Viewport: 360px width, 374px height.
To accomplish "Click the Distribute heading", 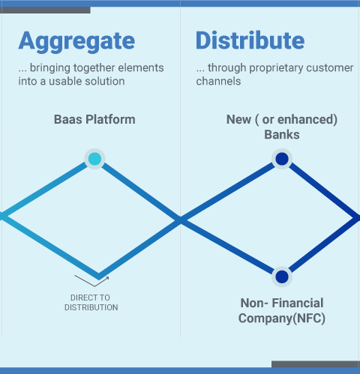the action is pyautogui.click(x=250, y=40).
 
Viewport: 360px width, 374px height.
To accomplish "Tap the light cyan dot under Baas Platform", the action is pyautogui.click(x=94, y=159).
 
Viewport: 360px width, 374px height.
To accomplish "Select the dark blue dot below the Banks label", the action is pyautogui.click(x=282, y=159).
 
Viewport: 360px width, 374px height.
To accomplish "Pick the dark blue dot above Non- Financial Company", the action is pyautogui.click(x=282, y=277).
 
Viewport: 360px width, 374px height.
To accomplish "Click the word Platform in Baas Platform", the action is pyautogui.click(x=110, y=119).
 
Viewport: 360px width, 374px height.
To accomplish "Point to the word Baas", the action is pyautogui.click(x=68, y=119).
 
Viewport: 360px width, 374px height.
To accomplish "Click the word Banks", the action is pyautogui.click(x=282, y=135).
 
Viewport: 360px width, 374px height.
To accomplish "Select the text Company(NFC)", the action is pyautogui.click(x=282, y=319).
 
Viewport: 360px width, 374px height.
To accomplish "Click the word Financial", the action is pyautogui.click(x=298, y=303).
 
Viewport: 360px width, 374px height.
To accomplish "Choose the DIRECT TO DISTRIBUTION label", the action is pyautogui.click(x=91, y=303).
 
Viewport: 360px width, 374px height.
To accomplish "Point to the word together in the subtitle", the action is pyautogui.click(x=95, y=68).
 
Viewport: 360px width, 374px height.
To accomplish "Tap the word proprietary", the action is pyautogui.click(x=276, y=68).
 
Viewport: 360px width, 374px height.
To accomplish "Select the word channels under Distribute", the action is pyautogui.click(x=218, y=81).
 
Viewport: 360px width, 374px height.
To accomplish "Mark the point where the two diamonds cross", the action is pyautogui.click(x=181, y=220).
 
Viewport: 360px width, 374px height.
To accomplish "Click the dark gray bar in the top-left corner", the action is pyautogui.click(x=46, y=10).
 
